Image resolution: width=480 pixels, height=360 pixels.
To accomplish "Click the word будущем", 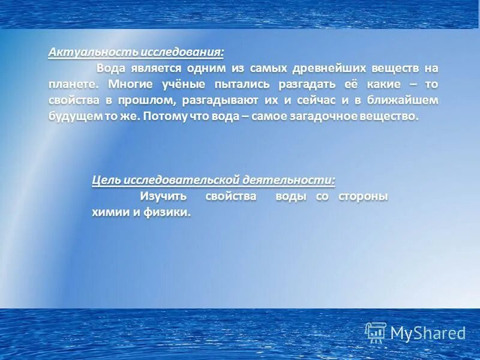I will pyautogui.click(x=73, y=116).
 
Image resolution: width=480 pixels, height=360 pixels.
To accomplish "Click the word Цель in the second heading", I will pyautogui.click(x=106, y=180).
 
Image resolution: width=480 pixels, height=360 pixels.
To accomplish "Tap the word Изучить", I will pyautogui.click(x=164, y=196).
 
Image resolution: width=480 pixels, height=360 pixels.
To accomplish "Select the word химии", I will pyautogui.click(x=109, y=212).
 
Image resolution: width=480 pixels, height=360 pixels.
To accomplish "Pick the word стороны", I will pyautogui.click(x=364, y=196).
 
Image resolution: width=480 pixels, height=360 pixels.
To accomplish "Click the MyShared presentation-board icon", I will pyautogui.click(x=376, y=332).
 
